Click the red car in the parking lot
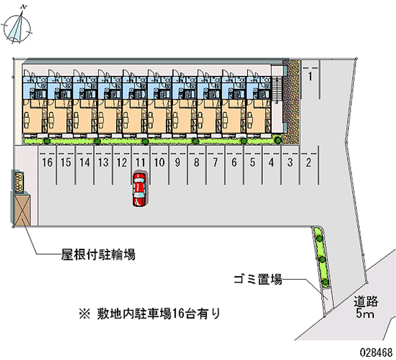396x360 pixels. (139, 189)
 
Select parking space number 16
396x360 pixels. (48, 162)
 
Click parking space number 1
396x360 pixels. (310, 76)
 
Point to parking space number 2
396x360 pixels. (308, 162)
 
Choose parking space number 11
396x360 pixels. (141, 162)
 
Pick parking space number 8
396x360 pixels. (197, 162)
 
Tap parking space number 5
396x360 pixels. (252, 162)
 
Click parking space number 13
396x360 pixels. (103, 162)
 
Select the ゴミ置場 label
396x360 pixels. (258, 280)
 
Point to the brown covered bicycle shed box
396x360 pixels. (22, 208)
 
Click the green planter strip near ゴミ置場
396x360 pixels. (321, 257)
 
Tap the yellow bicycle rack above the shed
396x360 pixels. (19, 181)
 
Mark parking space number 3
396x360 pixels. (290, 162)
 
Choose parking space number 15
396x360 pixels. (66, 162)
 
